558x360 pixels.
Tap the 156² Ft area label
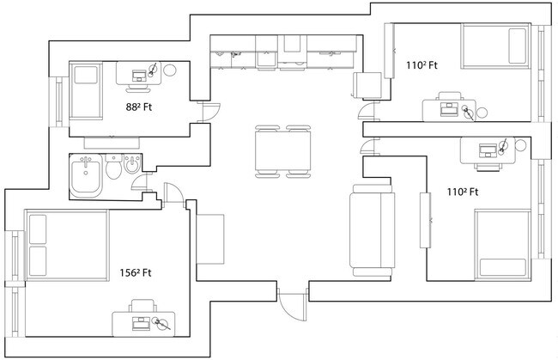(136, 273)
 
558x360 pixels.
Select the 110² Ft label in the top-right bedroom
(422, 65)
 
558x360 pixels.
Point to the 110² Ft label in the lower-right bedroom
(462, 192)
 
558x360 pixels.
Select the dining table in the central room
(282, 151)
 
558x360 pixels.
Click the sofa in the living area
(371, 229)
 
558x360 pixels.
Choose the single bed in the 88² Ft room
(85, 91)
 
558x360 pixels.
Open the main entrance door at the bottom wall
(292, 304)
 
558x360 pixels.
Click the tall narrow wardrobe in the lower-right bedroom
(424, 221)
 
